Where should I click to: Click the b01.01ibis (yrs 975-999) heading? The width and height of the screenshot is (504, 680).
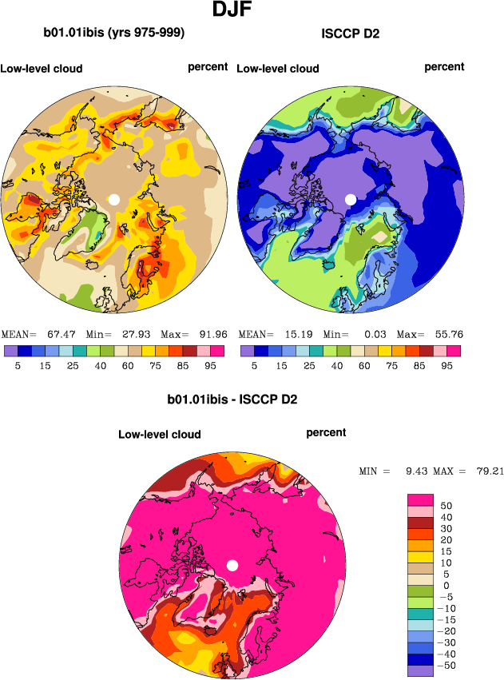tap(114, 33)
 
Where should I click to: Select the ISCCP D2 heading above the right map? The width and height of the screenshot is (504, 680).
tap(350, 34)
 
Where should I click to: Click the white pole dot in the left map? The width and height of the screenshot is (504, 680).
tap(114, 199)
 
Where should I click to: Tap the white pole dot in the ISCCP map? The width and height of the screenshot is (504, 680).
tap(350, 199)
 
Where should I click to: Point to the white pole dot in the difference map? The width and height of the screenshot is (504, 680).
tap(232, 566)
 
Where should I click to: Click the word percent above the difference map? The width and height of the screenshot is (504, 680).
tap(326, 432)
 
